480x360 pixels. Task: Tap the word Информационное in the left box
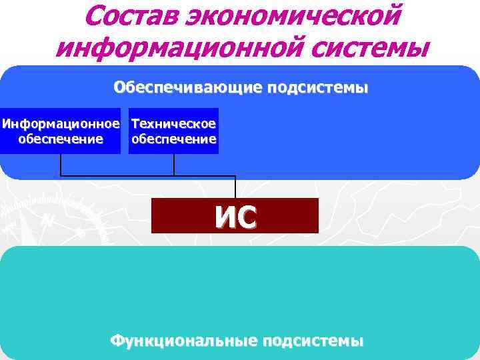(x=61, y=124)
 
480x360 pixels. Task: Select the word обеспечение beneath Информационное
(x=61, y=139)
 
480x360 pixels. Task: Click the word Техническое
(x=174, y=124)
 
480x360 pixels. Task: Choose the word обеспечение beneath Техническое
(x=174, y=139)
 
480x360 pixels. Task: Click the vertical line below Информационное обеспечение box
(x=61, y=165)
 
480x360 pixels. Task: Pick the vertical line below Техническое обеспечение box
(x=174, y=165)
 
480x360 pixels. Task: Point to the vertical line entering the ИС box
(x=235, y=187)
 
